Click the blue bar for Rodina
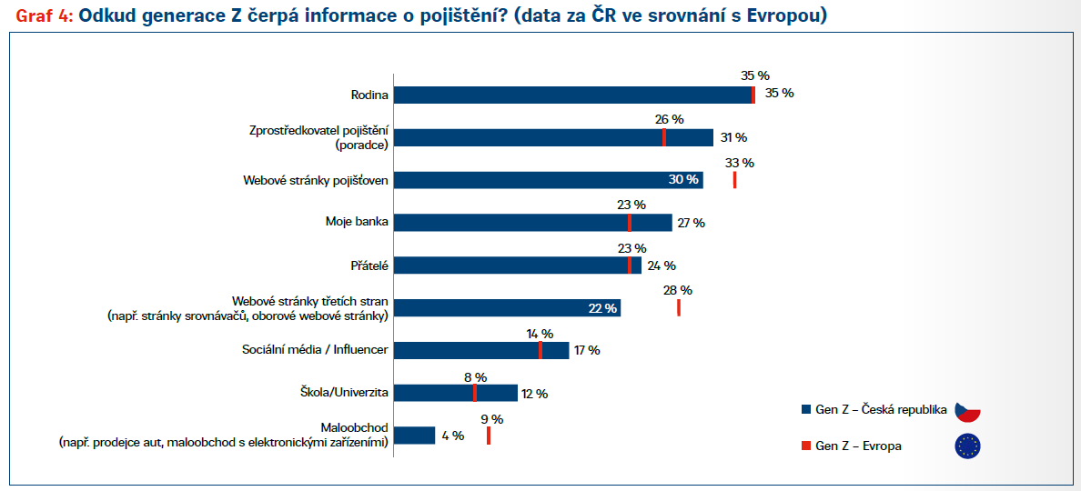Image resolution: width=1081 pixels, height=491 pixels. point(573,95)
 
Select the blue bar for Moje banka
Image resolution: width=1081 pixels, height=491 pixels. point(532,223)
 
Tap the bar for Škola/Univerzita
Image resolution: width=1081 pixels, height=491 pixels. point(455,393)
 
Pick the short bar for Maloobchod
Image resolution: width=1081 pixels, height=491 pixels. point(415,436)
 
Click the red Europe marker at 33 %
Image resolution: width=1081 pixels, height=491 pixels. point(734,180)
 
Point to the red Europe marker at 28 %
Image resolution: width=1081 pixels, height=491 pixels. point(679,307)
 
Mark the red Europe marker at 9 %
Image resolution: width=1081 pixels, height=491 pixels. point(489,436)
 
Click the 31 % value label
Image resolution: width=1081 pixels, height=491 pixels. point(733,137)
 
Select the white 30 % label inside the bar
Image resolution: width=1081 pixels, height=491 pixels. point(682,180)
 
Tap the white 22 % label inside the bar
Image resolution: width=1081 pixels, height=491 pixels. point(602,308)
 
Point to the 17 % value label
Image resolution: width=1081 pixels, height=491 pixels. point(587,351)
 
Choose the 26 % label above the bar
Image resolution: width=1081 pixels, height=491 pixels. point(669,119)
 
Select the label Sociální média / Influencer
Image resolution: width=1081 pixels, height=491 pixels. point(316,350)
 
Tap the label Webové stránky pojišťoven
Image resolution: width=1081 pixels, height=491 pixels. point(316,180)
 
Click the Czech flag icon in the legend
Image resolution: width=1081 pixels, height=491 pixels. point(966,410)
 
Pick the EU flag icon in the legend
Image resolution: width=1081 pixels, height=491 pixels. point(966,446)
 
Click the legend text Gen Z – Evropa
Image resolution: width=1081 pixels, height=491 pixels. point(858,446)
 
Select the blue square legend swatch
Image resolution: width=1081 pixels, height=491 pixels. point(805,410)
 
